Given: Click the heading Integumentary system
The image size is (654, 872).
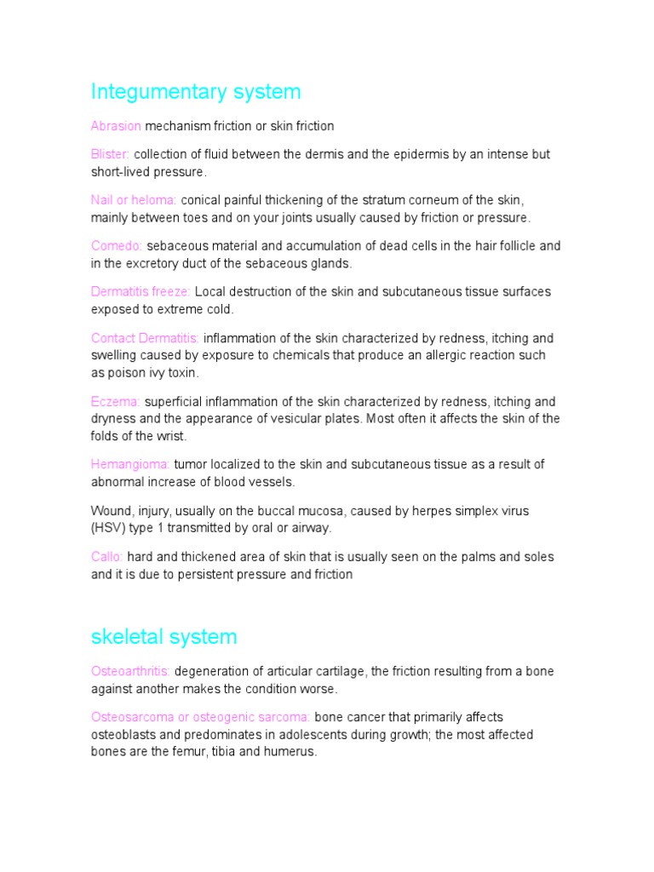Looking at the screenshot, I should (196, 91).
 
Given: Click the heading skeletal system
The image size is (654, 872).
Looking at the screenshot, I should (163, 636).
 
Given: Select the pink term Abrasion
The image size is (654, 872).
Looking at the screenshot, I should (116, 126).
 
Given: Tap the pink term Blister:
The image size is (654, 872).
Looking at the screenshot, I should (111, 154).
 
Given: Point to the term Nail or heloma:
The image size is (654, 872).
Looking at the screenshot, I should (134, 200).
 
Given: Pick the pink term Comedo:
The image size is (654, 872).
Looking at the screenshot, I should (117, 246).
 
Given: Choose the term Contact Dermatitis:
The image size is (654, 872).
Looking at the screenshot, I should (146, 337).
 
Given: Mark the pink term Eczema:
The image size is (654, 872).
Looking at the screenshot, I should (115, 401).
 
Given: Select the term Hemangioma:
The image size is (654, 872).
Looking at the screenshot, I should (130, 464).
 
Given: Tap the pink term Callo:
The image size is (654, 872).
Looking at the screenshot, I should (107, 557).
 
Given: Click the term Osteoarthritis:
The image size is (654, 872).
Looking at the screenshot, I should (131, 671).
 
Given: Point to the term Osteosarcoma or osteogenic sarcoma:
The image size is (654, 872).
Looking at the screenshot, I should (201, 717).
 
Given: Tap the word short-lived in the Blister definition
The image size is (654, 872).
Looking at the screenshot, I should (120, 172).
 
